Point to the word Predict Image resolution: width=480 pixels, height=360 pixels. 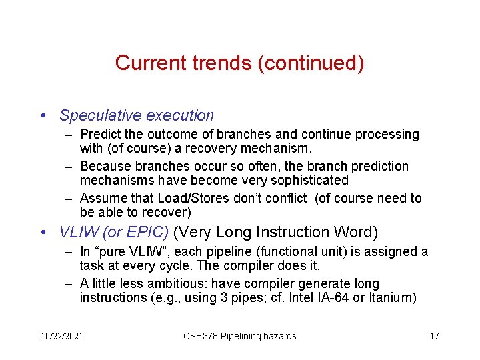(101, 135)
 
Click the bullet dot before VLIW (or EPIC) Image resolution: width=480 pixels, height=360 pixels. (43, 233)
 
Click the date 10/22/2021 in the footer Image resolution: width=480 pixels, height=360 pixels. (61, 336)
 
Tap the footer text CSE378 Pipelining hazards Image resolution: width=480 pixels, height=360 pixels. (239, 336)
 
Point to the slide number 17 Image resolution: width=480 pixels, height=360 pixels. (434, 336)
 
